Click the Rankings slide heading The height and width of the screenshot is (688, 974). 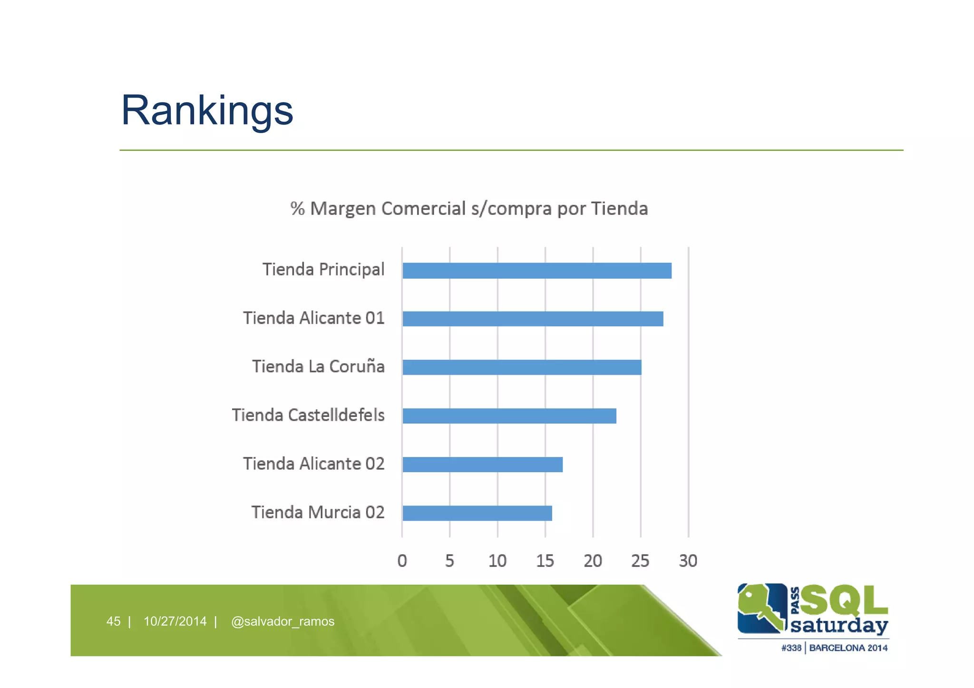pyautogui.click(x=207, y=110)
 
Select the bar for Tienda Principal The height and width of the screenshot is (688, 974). pyautogui.click(x=536, y=271)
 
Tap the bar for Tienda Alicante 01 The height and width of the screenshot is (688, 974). pyautogui.click(x=533, y=319)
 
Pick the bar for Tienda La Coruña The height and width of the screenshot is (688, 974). pyautogui.click(x=522, y=368)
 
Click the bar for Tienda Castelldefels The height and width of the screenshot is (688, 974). pyautogui.click(x=509, y=416)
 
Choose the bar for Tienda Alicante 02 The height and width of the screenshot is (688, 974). pyautogui.click(x=482, y=465)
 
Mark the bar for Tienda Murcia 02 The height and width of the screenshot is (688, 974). pyautogui.click(x=477, y=513)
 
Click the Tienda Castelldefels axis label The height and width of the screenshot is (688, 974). pyautogui.click(x=308, y=415)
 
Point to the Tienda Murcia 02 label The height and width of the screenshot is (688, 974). pyautogui.click(x=318, y=513)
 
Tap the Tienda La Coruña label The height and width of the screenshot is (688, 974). pyautogui.click(x=318, y=367)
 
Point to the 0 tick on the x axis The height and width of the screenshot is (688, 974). pyautogui.click(x=402, y=561)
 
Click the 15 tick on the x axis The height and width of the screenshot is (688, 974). pyautogui.click(x=545, y=561)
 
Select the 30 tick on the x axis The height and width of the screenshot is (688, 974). pyautogui.click(x=688, y=561)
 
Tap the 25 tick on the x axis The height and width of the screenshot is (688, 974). pyautogui.click(x=640, y=561)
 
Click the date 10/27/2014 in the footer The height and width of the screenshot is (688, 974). pyautogui.click(x=175, y=621)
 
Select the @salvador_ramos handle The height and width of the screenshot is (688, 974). pyautogui.click(x=282, y=621)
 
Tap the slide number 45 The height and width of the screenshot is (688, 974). pyautogui.click(x=113, y=621)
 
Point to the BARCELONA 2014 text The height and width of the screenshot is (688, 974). pyautogui.click(x=848, y=648)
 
